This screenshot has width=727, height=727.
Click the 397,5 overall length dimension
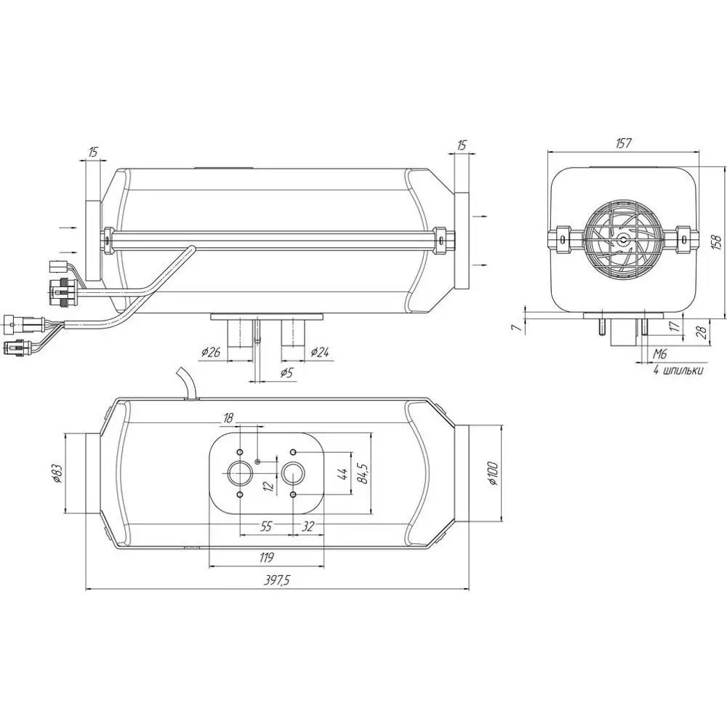click(276, 580)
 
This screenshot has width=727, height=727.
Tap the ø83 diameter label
click(56, 473)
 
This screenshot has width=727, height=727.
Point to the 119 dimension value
click(266, 557)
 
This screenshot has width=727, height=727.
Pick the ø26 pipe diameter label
click(211, 353)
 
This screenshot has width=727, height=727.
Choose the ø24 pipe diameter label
click(319, 353)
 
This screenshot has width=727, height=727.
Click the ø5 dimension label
click(287, 373)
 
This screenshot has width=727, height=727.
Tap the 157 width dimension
click(623, 143)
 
